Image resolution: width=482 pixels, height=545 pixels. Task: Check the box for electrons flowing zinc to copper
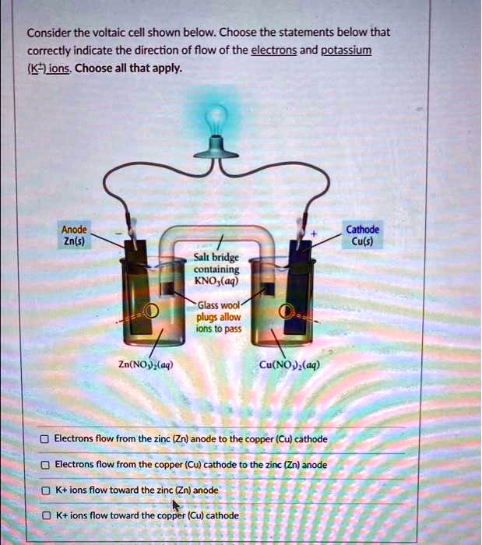(45, 439)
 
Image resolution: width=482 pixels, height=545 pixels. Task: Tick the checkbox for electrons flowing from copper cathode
(45, 465)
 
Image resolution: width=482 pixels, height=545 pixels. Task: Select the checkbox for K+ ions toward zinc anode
(45, 490)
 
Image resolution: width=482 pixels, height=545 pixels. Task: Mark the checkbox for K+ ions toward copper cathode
(45, 515)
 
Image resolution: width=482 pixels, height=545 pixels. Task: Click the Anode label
(75, 230)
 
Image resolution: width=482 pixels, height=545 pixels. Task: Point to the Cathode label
(363, 230)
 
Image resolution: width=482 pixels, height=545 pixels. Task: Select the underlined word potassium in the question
(347, 51)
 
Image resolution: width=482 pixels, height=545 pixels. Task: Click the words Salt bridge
(223, 258)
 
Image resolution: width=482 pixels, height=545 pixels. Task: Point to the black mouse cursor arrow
(175, 506)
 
